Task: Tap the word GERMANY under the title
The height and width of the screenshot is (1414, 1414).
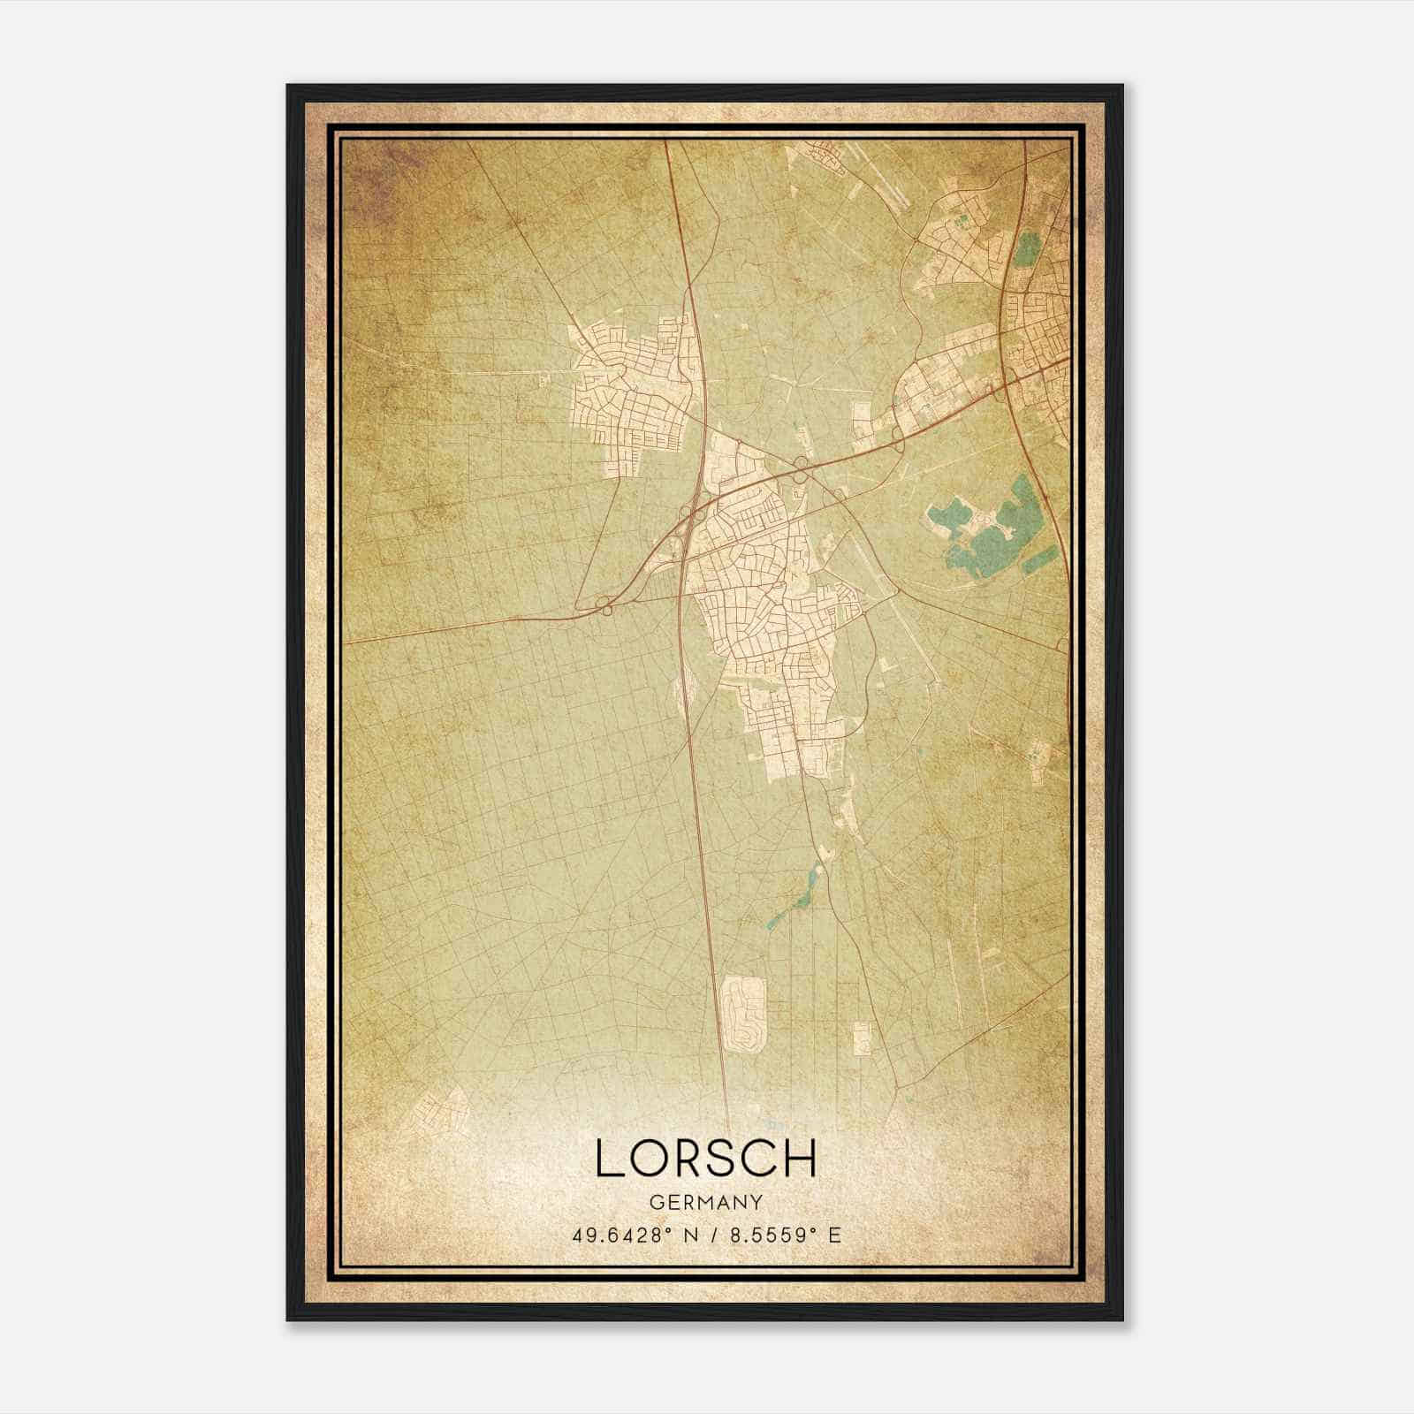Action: tap(705, 1202)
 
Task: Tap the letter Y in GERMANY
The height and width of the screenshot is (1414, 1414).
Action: tap(756, 1202)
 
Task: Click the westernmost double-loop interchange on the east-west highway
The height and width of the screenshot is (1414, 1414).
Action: tap(605, 605)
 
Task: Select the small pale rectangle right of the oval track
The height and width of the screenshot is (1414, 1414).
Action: tap(862, 1038)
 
